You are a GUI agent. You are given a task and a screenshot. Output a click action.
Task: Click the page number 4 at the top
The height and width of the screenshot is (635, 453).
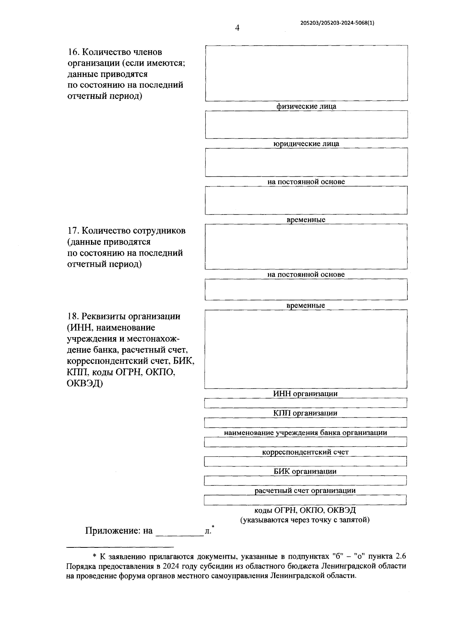coord(237,28)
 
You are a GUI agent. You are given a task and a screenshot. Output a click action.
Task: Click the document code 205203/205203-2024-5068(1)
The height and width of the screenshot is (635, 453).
coord(337,23)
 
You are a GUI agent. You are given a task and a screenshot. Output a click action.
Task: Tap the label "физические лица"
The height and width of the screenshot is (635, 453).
coord(306,106)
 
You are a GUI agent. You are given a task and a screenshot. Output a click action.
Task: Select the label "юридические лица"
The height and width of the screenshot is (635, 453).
coord(306,144)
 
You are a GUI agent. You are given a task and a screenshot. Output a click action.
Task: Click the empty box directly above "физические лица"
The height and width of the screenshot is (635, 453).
coord(306,73)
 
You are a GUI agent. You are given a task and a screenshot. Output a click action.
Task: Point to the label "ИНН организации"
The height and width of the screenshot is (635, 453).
coord(305,394)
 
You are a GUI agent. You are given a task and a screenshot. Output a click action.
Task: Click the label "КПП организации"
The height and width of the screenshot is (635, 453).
coord(305,413)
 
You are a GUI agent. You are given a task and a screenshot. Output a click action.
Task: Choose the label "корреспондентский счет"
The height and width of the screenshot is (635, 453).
coord(305,452)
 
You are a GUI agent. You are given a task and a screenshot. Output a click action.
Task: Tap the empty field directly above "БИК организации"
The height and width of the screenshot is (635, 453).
coord(305,461)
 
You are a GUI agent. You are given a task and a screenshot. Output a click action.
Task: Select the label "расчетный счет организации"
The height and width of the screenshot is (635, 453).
coord(305,491)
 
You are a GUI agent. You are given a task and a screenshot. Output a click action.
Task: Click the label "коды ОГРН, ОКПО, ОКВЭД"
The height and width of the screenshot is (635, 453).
coord(305,510)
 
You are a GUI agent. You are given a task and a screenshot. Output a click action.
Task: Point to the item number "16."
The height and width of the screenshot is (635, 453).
coord(73,52)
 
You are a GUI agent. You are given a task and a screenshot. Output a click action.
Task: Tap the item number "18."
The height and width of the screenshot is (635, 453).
coord(73,316)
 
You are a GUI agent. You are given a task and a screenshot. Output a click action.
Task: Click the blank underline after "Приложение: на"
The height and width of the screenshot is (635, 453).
coord(179,532)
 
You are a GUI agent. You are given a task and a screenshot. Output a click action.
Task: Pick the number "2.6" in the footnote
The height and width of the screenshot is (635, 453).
coord(400,556)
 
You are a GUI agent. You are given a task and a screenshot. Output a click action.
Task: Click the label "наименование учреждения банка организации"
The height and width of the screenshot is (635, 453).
coord(305,433)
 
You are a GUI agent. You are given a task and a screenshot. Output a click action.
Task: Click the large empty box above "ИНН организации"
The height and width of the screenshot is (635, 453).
coord(306,349)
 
